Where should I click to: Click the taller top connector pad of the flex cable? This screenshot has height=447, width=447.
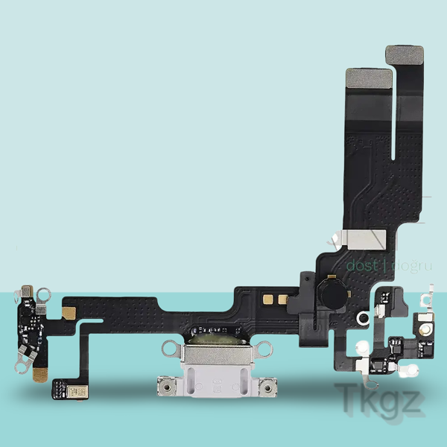click(x=404, y=54)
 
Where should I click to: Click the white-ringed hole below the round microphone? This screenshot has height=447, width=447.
click(x=363, y=319)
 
